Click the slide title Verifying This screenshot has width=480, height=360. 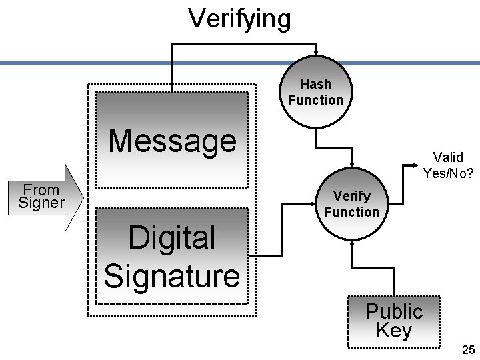click(x=239, y=18)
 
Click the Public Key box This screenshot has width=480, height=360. click(x=394, y=321)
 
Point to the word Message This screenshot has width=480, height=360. click(x=172, y=141)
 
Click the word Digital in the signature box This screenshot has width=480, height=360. click(x=172, y=238)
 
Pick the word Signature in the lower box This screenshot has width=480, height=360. click(x=172, y=275)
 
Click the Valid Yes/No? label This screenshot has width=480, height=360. click(x=448, y=165)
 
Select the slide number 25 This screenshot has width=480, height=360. click(x=468, y=350)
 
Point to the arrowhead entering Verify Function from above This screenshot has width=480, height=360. click(x=351, y=166)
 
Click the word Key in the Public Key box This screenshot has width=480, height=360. click(x=394, y=331)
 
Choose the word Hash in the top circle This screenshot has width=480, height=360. click(x=315, y=85)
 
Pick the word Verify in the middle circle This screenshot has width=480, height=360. click(x=351, y=196)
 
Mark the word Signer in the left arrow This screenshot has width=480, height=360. click(x=41, y=203)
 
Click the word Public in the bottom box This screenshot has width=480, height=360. click(x=394, y=311)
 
